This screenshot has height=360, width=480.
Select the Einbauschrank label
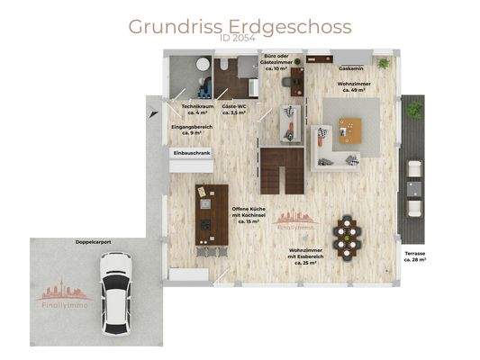point(190,154)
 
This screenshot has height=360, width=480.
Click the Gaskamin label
point(351,67)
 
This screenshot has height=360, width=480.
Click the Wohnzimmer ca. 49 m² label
point(351,86)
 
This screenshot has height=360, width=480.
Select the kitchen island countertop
point(212,214)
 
